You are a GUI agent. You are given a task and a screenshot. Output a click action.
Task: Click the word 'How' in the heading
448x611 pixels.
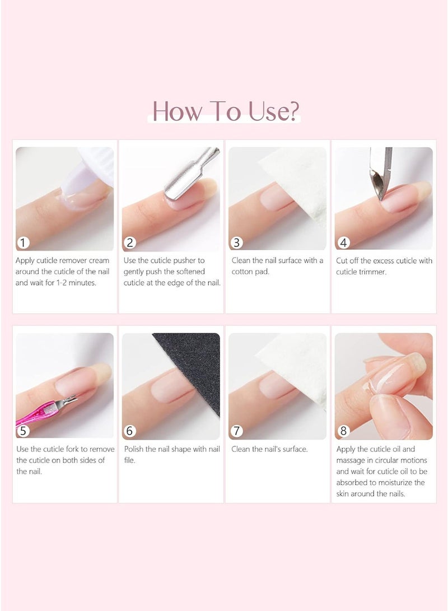pos(175,111)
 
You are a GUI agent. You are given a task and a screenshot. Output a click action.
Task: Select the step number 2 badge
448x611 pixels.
pos(130,242)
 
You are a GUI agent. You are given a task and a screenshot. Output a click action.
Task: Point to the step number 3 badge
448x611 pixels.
pos(236,242)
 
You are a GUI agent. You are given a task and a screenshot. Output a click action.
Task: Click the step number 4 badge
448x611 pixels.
pos(343,242)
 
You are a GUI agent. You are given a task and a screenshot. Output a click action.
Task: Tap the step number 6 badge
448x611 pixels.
pos(130,431)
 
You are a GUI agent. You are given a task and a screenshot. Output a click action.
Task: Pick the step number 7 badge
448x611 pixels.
pos(236,431)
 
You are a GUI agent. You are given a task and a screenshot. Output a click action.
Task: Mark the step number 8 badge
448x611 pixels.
pos(343,431)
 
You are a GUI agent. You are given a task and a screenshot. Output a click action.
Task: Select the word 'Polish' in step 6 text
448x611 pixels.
pos(134,449)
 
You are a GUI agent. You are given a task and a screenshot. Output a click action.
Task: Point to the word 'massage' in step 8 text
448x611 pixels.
pos(351,460)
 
